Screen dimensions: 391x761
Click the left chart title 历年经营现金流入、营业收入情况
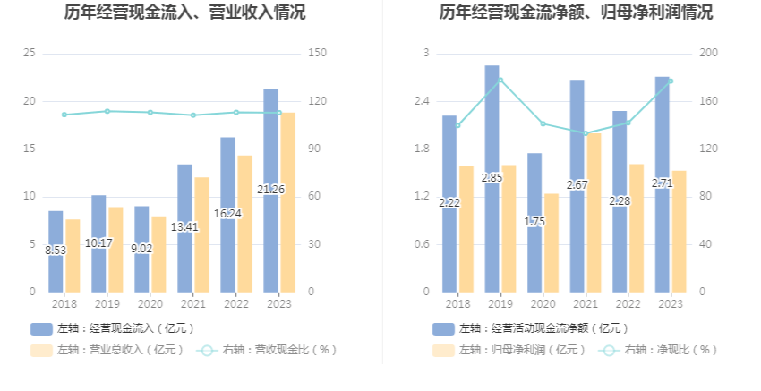pyautogui.click(x=184, y=13)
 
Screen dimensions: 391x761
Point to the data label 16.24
pyautogui.click(x=227, y=214)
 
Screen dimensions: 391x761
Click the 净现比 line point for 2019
pyautogui.click(x=500, y=80)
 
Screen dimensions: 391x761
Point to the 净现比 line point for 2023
pyautogui.click(x=671, y=81)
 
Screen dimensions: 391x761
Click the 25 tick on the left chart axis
pyautogui.click(x=30, y=54)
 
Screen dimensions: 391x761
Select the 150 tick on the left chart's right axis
pyautogui.click(x=315, y=54)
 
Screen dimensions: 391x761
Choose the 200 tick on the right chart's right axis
pyautogui.click(x=708, y=54)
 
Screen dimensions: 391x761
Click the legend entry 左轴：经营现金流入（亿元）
pyautogui.click(x=112, y=328)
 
